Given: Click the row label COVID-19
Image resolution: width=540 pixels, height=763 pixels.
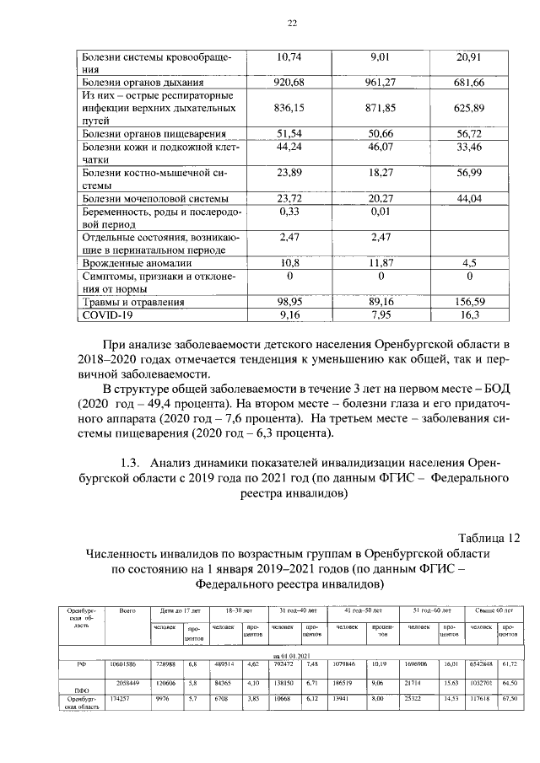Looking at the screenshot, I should pos(108,315).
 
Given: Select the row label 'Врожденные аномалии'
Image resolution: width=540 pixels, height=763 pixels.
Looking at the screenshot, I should pos(132,263).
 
